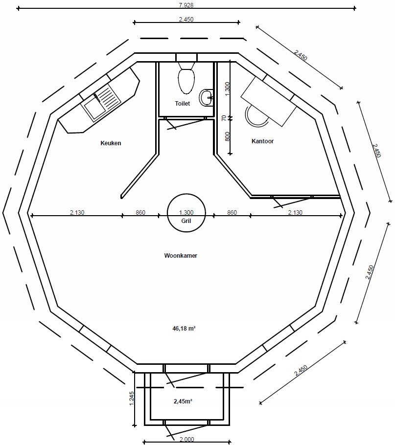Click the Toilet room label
tap(182, 103)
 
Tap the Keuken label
tap(111, 143)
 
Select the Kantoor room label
tap(262, 141)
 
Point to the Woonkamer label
tap(181, 255)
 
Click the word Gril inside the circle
tap(186, 221)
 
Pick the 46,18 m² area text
tap(184, 328)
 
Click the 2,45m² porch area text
tap(183, 401)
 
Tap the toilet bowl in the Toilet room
tap(186, 81)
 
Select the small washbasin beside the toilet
tap(207, 97)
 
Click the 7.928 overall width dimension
tap(186, 5)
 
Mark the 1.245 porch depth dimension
tap(131, 399)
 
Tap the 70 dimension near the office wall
tap(224, 118)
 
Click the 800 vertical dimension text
tap(227, 136)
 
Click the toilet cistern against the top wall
tap(186, 58)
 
